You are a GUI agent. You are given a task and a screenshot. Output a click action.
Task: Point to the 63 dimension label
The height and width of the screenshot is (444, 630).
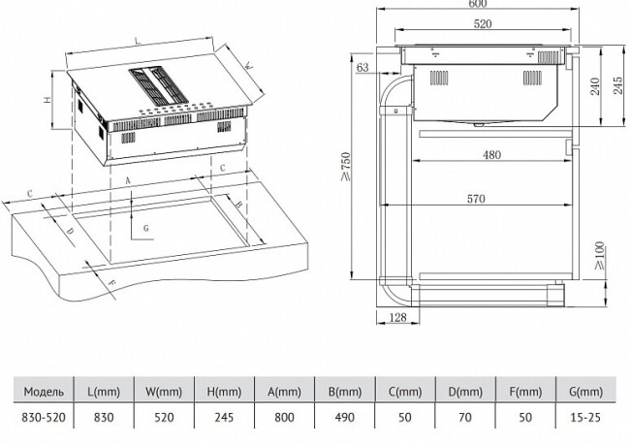362,67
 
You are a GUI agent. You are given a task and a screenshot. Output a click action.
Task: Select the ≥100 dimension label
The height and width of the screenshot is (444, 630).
600,256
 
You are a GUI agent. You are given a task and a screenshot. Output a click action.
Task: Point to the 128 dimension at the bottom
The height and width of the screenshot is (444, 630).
396,319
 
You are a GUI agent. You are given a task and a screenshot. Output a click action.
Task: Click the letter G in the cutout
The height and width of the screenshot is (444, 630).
144,228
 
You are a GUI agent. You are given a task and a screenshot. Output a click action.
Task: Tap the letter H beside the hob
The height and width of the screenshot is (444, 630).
46,100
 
